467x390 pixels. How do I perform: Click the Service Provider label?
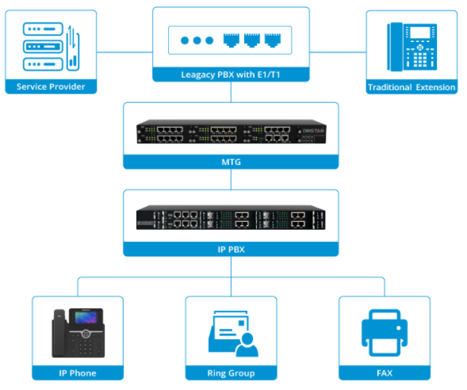click(x=51, y=86)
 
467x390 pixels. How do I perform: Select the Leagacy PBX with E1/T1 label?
click(x=231, y=75)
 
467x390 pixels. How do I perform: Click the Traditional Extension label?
click(x=411, y=86)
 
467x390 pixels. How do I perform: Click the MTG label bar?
click(x=231, y=162)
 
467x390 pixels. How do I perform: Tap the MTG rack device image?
click(x=231, y=132)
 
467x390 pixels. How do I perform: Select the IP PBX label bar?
click(x=231, y=249)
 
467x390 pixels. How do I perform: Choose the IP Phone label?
click(x=77, y=373)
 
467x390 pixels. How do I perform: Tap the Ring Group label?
click(x=231, y=373)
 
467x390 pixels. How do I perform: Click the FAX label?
click(x=385, y=373)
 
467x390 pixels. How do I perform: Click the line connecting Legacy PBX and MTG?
click(x=231, y=92)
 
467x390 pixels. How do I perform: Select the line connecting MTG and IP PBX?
click(x=231, y=179)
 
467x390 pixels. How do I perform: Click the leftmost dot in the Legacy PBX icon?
click(x=185, y=40)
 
